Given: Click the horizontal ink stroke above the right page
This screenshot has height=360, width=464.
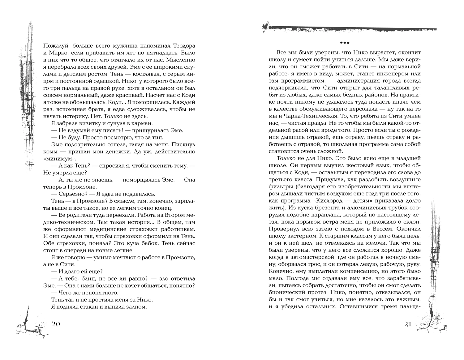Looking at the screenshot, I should (x=350, y=28).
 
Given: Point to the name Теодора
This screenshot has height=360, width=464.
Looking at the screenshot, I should (x=183, y=45).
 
